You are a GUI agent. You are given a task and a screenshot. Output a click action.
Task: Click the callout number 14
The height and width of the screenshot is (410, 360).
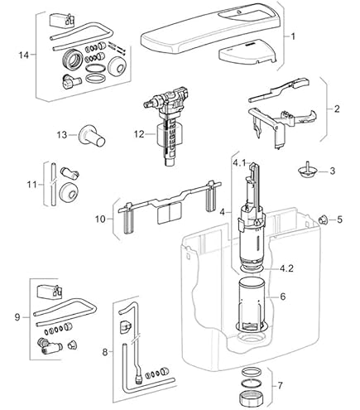(23, 55)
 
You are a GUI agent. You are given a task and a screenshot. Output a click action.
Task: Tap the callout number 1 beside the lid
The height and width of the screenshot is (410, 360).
(293, 36)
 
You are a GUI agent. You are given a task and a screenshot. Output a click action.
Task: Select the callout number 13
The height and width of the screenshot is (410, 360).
(62, 135)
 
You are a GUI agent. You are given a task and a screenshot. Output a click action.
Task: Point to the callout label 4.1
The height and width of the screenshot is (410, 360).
(239, 163)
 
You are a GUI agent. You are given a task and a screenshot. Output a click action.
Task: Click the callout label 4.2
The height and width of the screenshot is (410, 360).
(286, 268)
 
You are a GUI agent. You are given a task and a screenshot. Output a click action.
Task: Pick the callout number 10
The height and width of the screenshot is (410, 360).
(100, 219)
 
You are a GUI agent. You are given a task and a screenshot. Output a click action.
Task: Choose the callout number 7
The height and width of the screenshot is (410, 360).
(281, 385)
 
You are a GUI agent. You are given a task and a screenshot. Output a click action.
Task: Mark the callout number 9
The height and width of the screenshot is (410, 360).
(17, 317)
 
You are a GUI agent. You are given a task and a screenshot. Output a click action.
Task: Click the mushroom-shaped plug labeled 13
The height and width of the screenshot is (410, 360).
(92, 136)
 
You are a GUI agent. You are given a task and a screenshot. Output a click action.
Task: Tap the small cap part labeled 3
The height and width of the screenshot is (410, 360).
(305, 170)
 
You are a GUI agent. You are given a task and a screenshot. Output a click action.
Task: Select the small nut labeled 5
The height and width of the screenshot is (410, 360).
(322, 219)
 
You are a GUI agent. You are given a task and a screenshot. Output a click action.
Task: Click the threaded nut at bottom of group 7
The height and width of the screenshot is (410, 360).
(252, 398)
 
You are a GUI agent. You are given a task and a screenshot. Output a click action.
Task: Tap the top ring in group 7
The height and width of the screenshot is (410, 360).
(251, 372)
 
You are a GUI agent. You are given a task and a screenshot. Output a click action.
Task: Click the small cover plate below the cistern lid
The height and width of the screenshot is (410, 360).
(247, 54)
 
